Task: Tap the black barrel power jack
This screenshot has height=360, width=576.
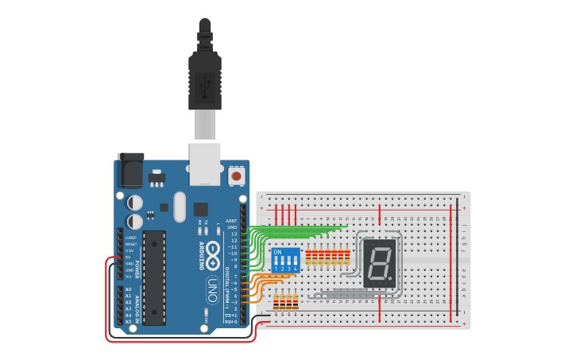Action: pos(130,171)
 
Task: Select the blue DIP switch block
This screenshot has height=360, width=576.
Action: pos(285,260)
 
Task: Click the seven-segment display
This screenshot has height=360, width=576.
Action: pos(380,264)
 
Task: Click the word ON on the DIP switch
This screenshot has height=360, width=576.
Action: pos(277,253)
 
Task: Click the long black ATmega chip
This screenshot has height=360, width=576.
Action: pos(155,277)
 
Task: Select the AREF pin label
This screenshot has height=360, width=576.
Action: pos(231,221)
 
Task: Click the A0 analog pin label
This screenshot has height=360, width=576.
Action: pos(128,289)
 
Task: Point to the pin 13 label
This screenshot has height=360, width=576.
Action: pos(234,234)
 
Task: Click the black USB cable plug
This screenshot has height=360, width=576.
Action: pos(205,79)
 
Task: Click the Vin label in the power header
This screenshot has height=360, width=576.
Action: pos(130,276)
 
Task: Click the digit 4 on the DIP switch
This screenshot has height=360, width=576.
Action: pos(295,269)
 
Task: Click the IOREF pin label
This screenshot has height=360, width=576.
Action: pos(130,238)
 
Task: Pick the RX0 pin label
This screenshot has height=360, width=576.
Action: pos(232,321)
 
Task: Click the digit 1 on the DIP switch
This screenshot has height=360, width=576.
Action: pos(276,269)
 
